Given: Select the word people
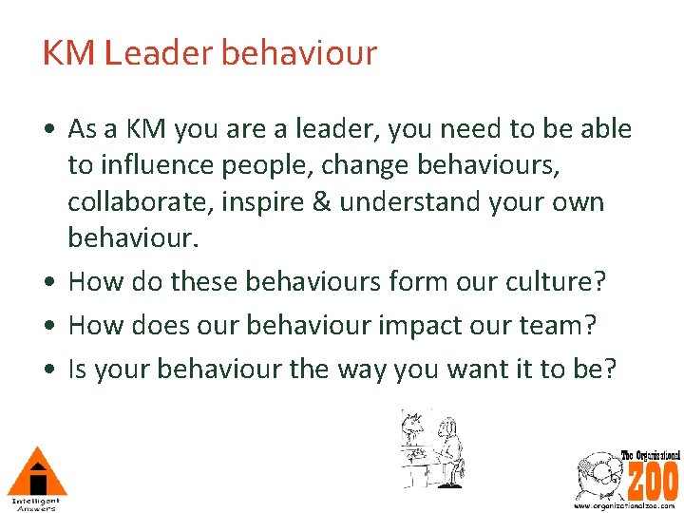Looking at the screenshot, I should (x=268, y=166).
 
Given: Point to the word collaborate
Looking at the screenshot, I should (x=140, y=202).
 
